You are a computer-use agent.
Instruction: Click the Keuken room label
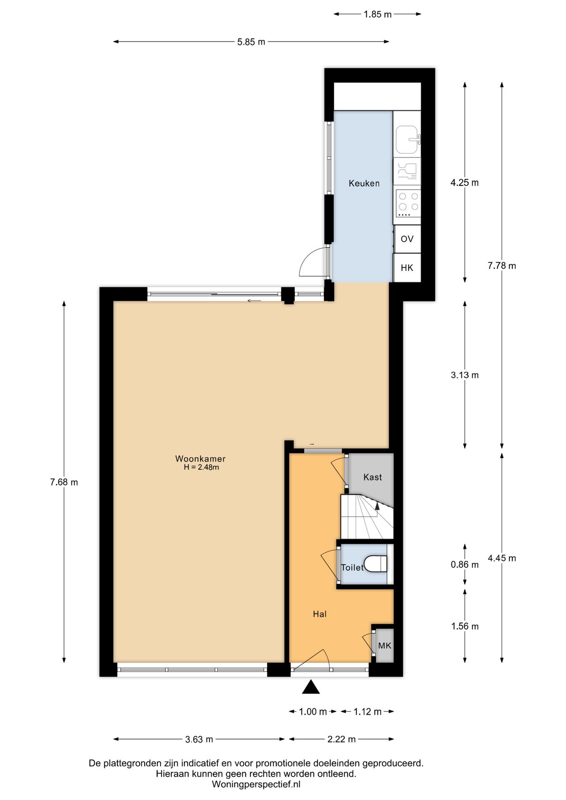point(364,183)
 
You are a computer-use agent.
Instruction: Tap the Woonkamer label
point(200,459)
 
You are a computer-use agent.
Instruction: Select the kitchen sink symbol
point(407,139)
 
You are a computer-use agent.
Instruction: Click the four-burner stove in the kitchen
point(407,203)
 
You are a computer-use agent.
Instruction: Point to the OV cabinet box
point(407,239)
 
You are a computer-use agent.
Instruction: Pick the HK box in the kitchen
point(407,267)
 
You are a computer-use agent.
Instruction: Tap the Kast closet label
point(373,477)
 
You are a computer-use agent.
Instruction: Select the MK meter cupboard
point(385,645)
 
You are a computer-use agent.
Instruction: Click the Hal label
point(320,614)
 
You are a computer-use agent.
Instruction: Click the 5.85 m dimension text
point(251,42)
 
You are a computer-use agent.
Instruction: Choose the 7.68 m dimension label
point(64,482)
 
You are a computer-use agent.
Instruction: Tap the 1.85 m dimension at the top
point(378,14)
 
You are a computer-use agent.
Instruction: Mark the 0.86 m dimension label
point(465,565)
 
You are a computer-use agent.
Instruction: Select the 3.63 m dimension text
point(199,739)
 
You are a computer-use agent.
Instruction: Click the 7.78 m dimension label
point(502,265)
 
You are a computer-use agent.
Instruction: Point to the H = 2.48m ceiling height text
point(201,467)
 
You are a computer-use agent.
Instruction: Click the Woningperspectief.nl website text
point(256,784)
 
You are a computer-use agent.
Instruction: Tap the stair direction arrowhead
point(377,506)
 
